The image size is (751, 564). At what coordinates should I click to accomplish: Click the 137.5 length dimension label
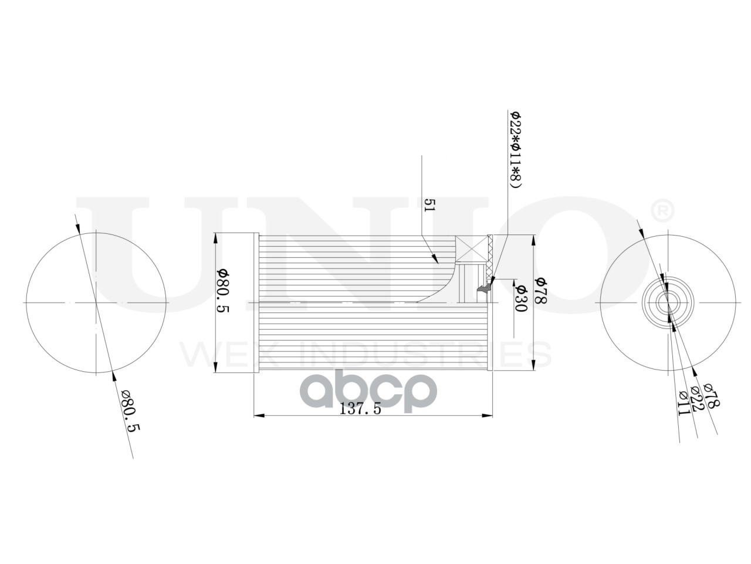click(361, 409)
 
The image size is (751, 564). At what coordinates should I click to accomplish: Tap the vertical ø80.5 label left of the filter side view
click(222, 292)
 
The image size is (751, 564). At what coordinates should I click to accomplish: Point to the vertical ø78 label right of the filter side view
click(540, 290)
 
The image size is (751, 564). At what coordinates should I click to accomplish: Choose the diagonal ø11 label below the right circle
click(682, 404)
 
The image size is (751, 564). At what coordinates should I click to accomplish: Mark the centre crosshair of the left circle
click(96, 303)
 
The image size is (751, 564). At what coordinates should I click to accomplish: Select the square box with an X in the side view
click(472, 249)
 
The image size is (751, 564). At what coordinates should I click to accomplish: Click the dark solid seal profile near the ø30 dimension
click(485, 288)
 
